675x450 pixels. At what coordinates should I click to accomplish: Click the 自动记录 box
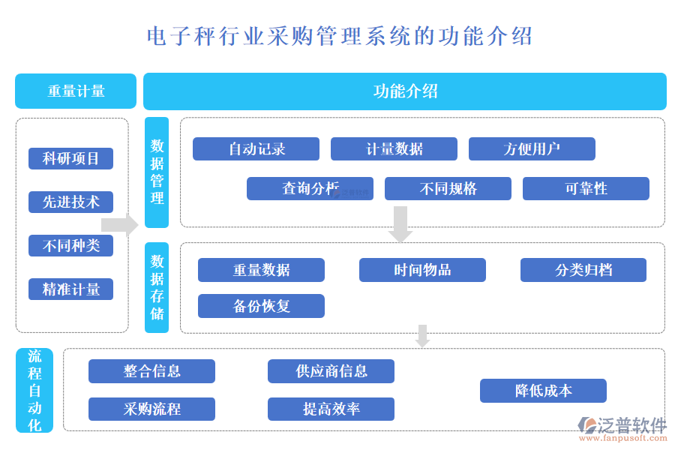tap(256, 148)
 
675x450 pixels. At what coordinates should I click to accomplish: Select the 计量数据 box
tap(394, 148)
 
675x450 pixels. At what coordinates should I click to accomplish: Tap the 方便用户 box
tap(532, 148)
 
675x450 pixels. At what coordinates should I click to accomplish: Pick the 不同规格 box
tap(448, 188)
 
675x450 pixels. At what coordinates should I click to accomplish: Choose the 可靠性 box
tap(586, 188)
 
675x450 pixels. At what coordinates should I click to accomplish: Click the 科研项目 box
tap(70, 158)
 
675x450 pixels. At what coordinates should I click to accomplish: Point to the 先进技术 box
tap(70, 202)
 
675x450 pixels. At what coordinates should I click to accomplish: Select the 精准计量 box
tap(70, 289)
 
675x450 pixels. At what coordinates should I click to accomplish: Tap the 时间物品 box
tap(422, 270)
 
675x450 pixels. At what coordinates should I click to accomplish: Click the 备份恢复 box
tap(261, 306)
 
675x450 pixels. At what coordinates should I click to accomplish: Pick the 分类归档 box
tap(583, 270)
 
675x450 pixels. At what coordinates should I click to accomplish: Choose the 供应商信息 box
tap(331, 370)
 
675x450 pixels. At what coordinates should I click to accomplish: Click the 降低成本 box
tap(543, 391)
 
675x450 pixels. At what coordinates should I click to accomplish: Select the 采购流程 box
tap(151, 409)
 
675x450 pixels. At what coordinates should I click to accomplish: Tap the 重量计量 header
tap(76, 91)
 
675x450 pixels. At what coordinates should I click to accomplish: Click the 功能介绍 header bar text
tap(405, 91)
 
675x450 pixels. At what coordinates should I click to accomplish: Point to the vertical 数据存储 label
tap(157, 287)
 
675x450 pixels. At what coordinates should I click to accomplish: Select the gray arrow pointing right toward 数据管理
tap(119, 225)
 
